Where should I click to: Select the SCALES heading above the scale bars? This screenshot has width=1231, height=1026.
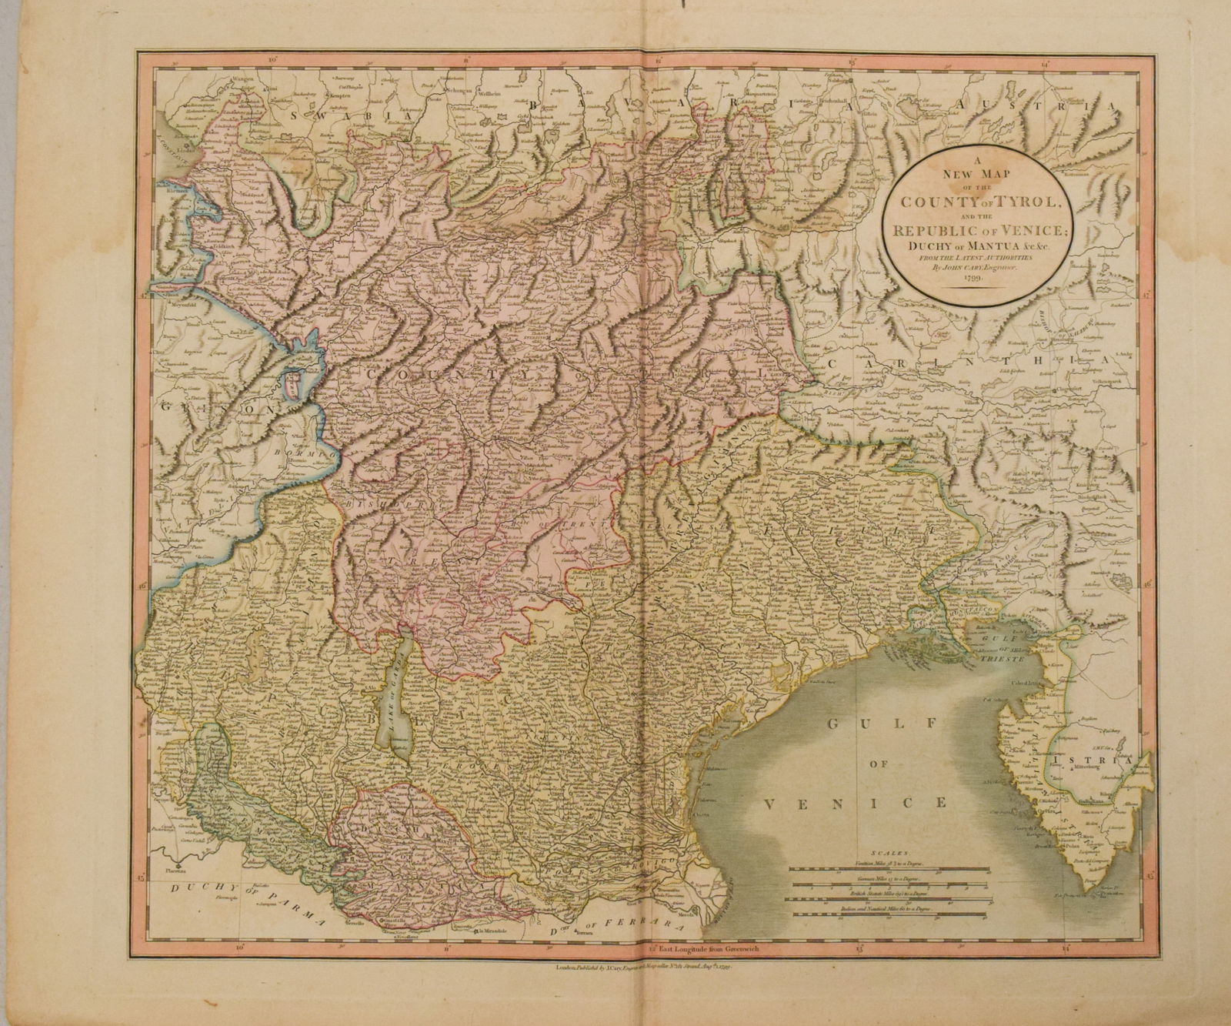pos(887,854)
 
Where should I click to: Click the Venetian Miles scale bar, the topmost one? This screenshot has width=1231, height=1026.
pos(889,869)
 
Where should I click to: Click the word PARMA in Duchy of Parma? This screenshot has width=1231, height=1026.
pos(292,907)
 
